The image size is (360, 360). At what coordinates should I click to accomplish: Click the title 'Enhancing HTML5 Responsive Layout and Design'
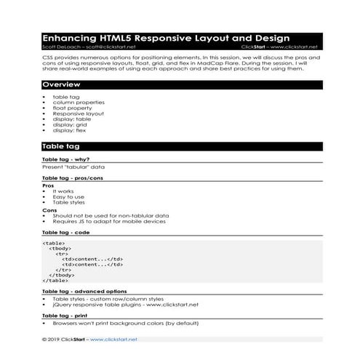click(x=166, y=38)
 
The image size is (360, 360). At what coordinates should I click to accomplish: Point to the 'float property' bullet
click(x=73, y=108)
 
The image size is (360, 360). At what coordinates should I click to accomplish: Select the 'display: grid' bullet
click(x=70, y=124)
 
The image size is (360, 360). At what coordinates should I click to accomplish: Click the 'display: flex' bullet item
click(x=70, y=130)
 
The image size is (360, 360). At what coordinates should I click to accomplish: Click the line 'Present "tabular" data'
click(x=74, y=167)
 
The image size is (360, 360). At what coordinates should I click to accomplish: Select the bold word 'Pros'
click(x=49, y=185)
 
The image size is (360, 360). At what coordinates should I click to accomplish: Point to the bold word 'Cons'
click(x=49, y=209)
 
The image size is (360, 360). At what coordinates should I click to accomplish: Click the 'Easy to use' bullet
click(x=68, y=196)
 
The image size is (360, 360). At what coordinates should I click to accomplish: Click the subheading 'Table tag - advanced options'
click(x=85, y=291)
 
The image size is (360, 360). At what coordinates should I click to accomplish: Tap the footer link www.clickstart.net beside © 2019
click(x=113, y=339)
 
